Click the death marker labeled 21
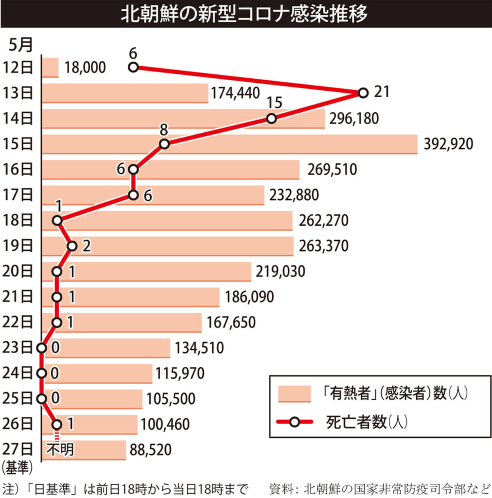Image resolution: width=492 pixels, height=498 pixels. pos(362,93)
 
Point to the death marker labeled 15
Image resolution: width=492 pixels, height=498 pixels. pos(271,119)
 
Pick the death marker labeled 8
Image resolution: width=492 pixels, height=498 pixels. pos(164,144)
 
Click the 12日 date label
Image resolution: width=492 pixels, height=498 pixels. pos(18,67)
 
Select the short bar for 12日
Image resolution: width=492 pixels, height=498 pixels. pos(50,68)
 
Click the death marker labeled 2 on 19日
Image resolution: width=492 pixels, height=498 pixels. pos(72,246)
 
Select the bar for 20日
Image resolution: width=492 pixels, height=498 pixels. pos(146,271)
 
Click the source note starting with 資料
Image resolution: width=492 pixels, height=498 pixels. pos(379,487)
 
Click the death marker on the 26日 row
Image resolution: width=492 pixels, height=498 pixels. pos(57,424)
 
